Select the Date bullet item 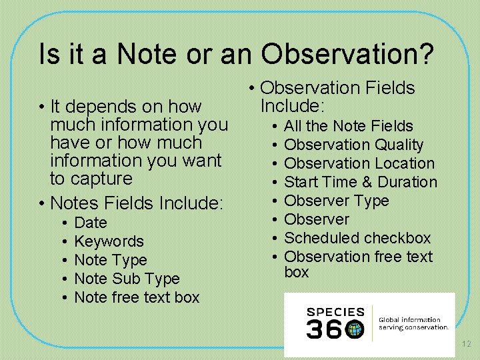[91, 223]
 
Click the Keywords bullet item [109, 241]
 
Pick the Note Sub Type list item [127, 279]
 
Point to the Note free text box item [137, 297]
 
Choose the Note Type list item [110, 260]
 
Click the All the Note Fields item [348, 126]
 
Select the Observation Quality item [353, 145]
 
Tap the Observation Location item [359, 163]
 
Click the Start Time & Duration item [360, 182]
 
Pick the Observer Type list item [336, 201]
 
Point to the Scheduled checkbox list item [357, 238]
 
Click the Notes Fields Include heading [137, 202]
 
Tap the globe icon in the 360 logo [355, 329]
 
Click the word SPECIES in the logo [335, 312]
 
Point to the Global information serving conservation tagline [413, 323]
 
